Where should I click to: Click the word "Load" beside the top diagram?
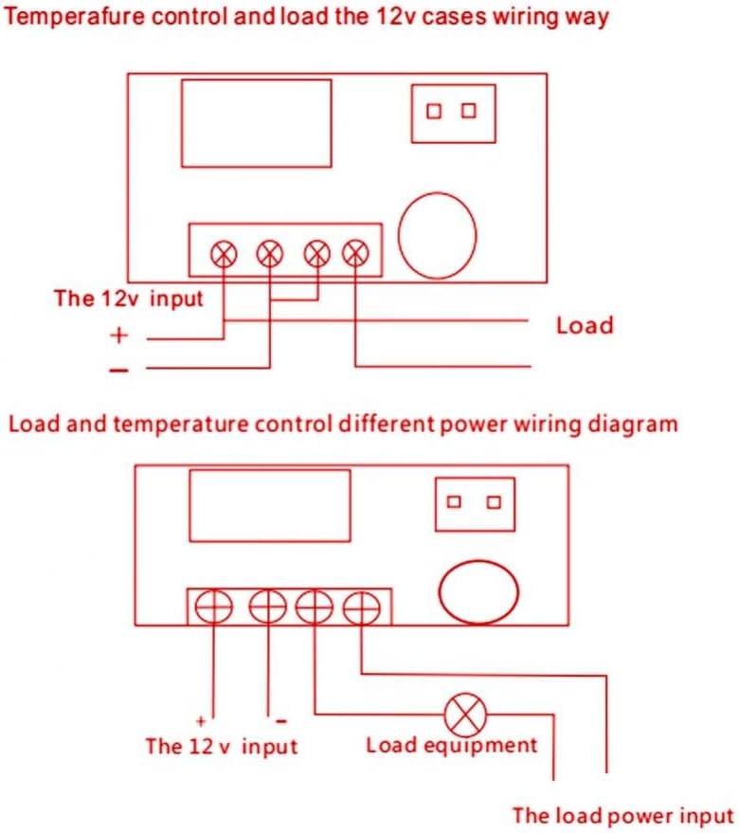(x=585, y=326)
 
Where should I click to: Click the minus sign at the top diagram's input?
(x=118, y=371)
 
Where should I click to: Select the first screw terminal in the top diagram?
(x=224, y=252)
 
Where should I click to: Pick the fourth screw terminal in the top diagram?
(x=355, y=252)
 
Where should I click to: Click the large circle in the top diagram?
(x=437, y=233)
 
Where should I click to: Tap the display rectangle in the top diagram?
(x=256, y=123)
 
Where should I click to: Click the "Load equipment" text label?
(x=451, y=745)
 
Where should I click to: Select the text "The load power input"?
(x=622, y=815)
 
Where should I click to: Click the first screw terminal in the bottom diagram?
(x=214, y=607)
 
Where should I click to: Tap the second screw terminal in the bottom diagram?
(x=268, y=607)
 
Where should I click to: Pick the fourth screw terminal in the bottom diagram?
(x=361, y=607)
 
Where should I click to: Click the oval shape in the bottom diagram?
(x=478, y=592)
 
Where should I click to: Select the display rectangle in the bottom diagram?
(x=270, y=507)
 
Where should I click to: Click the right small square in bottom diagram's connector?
(x=493, y=502)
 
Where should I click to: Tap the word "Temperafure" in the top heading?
(x=71, y=17)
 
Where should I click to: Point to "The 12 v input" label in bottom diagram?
(x=221, y=746)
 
